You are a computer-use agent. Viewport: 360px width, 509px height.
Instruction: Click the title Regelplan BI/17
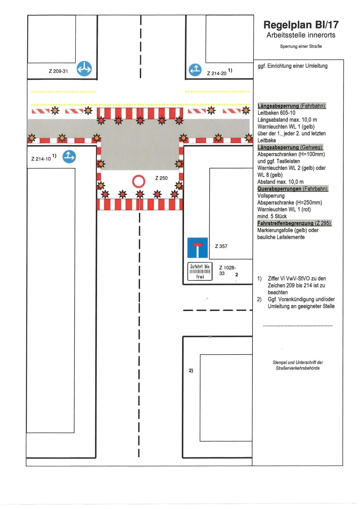301,25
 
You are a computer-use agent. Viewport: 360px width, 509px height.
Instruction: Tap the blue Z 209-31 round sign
84,69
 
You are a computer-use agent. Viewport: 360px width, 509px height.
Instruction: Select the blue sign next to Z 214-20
195,70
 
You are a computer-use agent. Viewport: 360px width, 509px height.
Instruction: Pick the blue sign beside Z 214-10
69,156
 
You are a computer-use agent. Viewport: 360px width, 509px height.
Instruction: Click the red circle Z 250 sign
139,181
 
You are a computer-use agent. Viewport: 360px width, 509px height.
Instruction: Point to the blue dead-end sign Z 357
197,248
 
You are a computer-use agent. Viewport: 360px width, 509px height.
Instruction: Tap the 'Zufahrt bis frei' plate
200,271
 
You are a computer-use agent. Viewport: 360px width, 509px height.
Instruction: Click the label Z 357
221,246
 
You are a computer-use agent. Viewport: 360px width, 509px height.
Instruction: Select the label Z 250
161,178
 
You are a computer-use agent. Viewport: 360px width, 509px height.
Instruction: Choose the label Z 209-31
58,71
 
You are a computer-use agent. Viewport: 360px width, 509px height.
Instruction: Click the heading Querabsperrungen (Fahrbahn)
293,189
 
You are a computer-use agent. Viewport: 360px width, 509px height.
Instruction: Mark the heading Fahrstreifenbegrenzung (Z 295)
294,223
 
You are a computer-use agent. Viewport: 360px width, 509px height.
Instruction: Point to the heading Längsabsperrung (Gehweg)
290,147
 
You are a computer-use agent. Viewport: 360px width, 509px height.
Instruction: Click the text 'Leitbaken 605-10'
276,113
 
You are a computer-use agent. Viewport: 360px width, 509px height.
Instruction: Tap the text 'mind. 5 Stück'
272,216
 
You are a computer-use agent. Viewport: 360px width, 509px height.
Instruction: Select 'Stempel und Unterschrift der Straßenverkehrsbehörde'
298,365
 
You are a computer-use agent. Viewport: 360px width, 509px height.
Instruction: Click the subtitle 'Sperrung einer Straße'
301,46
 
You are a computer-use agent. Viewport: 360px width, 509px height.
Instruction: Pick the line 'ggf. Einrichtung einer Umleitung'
292,66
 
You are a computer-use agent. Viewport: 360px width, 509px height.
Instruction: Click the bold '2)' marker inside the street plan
191,371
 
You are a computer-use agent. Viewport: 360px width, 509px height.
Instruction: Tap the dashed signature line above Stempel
298,326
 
